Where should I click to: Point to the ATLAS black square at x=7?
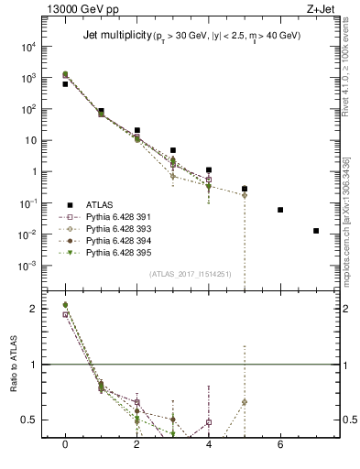click(x=316, y=231)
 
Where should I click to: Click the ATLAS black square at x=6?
click(x=280, y=210)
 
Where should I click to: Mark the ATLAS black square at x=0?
click(x=65, y=83)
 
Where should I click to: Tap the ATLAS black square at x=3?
click(x=173, y=150)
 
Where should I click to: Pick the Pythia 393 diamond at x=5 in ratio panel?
click(x=245, y=402)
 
